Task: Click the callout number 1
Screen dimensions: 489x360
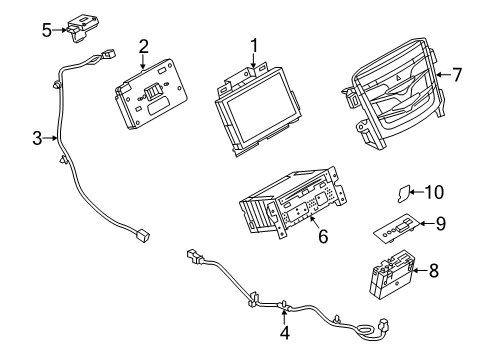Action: point(254,46)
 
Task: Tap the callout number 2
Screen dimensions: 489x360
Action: point(143,46)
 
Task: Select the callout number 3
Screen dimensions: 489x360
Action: point(37,138)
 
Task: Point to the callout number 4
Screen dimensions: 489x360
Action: point(284,332)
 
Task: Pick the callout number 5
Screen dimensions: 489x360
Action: point(47,30)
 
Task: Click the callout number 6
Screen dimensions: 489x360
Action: point(323,236)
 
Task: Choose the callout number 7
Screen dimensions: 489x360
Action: point(457,75)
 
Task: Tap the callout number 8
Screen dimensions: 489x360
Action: point(433,270)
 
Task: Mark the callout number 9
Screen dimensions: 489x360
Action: point(440,223)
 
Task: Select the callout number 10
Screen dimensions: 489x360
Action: point(435,192)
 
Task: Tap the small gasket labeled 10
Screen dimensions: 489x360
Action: point(403,194)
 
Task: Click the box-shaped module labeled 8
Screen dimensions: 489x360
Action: point(392,275)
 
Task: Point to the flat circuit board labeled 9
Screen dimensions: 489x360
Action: point(395,229)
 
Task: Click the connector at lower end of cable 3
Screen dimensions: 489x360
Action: point(143,235)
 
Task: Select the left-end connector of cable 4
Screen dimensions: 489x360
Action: point(194,255)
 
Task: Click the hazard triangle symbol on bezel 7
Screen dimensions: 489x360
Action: point(399,78)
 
